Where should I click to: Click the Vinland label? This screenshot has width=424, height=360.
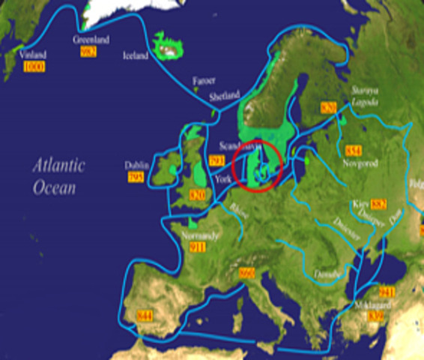(34, 55)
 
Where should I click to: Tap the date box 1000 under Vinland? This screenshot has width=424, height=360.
(34, 67)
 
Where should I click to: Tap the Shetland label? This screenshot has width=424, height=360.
(225, 95)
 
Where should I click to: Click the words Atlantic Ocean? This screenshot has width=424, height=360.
(58, 175)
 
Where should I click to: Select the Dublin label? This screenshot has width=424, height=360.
(138, 165)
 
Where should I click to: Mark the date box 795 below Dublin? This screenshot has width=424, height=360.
(136, 178)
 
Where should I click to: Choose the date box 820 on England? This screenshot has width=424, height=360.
(197, 195)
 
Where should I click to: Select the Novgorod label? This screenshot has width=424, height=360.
(355, 162)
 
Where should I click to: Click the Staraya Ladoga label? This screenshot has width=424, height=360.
(367, 95)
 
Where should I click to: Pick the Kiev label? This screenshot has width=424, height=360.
(360, 204)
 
